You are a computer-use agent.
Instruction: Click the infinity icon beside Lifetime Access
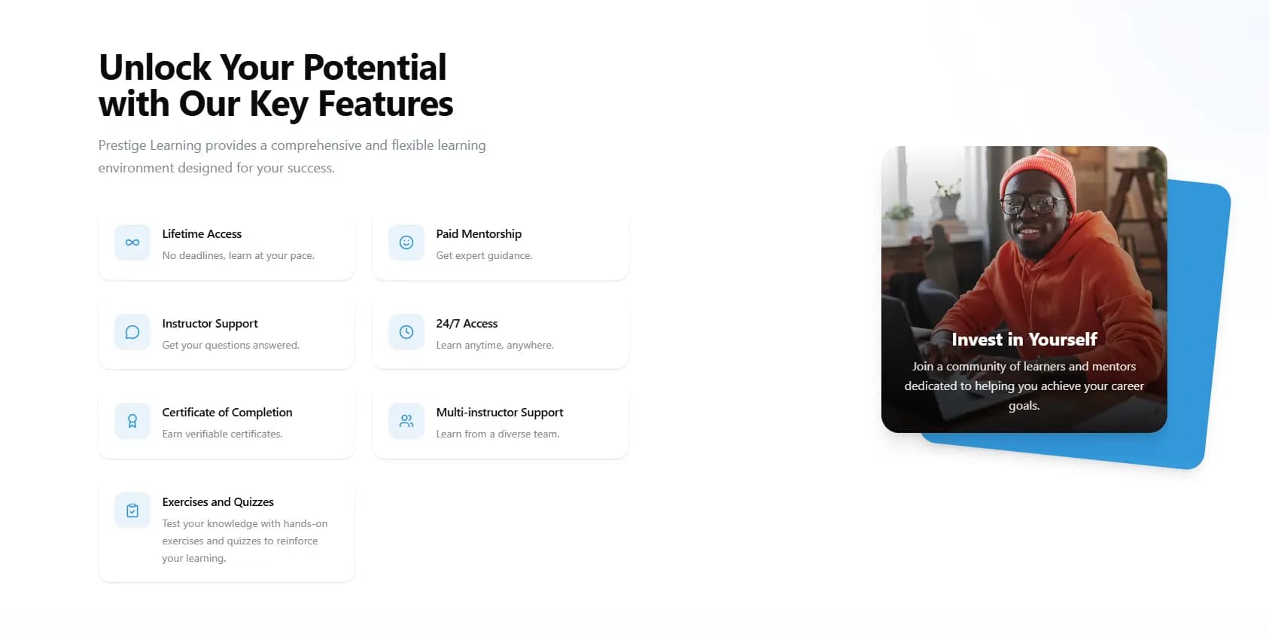(132, 242)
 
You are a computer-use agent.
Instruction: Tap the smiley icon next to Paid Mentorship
(406, 242)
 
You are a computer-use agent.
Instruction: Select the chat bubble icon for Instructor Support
(132, 332)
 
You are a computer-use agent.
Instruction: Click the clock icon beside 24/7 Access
(406, 332)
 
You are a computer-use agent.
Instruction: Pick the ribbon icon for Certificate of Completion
(132, 421)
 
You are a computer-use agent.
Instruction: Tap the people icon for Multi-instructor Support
(406, 421)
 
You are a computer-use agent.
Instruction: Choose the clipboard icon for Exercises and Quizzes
(132, 511)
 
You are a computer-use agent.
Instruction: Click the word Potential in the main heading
(375, 68)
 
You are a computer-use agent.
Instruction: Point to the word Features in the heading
(385, 104)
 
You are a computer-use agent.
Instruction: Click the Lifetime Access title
(202, 234)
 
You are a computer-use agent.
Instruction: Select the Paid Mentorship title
(479, 234)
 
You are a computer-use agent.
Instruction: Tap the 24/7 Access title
(467, 324)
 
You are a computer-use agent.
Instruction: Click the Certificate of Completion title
(227, 413)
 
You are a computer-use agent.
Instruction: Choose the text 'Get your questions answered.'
(230, 345)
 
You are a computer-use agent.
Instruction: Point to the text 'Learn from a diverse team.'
(498, 434)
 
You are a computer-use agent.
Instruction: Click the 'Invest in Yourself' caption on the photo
(1024, 340)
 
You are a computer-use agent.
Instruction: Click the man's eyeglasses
(1034, 203)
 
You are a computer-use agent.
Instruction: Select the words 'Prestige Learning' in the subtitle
(150, 145)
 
